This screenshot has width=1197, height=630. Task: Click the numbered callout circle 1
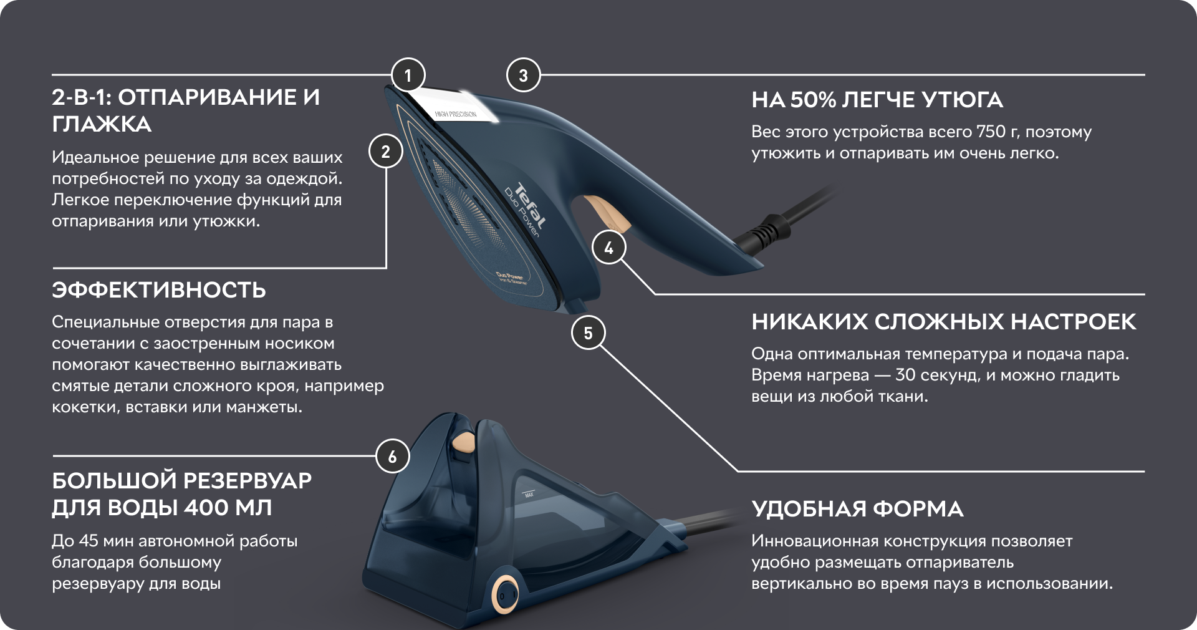(408, 75)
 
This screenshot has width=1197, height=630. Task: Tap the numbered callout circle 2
(386, 152)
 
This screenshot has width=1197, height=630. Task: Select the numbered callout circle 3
(523, 75)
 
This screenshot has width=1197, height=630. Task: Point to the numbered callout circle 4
(608, 248)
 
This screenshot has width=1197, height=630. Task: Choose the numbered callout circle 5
(588, 332)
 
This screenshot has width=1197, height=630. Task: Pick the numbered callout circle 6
(392, 456)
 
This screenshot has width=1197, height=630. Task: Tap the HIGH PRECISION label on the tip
(456, 114)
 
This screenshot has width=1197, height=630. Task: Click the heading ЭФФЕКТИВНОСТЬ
(159, 290)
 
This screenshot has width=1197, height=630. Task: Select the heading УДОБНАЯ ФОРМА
(857, 509)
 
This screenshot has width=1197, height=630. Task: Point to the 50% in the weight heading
(813, 100)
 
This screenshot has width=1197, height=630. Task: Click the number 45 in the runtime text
(89, 541)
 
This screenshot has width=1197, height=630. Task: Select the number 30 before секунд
(905, 375)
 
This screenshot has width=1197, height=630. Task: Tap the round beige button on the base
(504, 594)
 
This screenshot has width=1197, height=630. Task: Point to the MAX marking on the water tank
(529, 495)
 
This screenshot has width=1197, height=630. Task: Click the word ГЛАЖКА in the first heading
(102, 124)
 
